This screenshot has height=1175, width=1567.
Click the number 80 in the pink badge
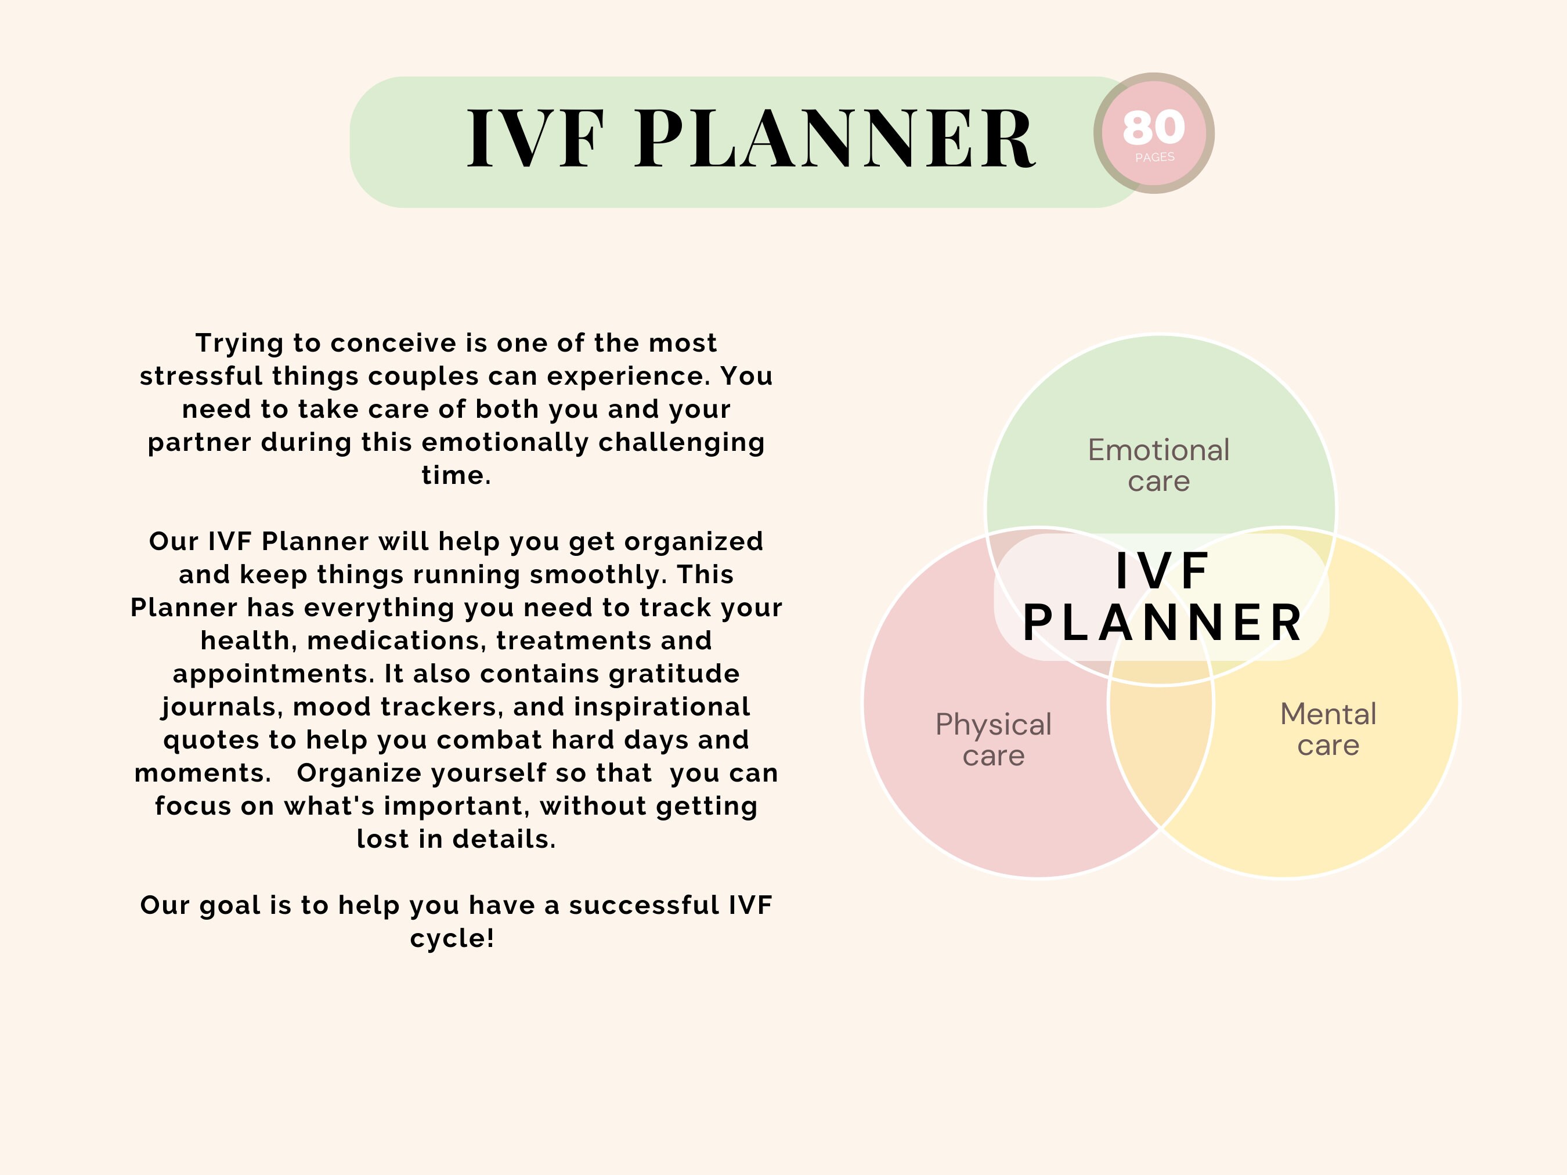pyautogui.click(x=1153, y=128)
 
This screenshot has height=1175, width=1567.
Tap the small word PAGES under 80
pyautogui.click(x=1155, y=157)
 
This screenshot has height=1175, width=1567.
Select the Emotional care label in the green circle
pyautogui.click(x=1158, y=465)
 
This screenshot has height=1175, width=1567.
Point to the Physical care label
pyautogui.click(x=993, y=739)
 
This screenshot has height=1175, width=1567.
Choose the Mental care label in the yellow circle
pyautogui.click(x=1328, y=729)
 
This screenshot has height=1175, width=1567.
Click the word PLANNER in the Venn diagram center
pyautogui.click(x=1162, y=623)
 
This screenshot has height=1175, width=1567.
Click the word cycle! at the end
pyautogui.click(x=452, y=938)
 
